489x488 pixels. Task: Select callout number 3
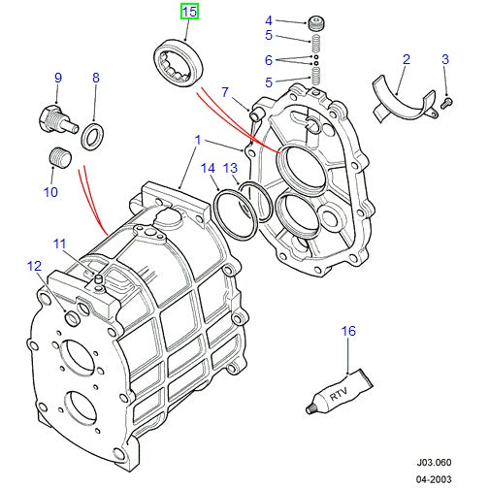point(445,59)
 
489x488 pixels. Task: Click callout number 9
point(57,78)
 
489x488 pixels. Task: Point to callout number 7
point(225,92)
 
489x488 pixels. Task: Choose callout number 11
point(60,244)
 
